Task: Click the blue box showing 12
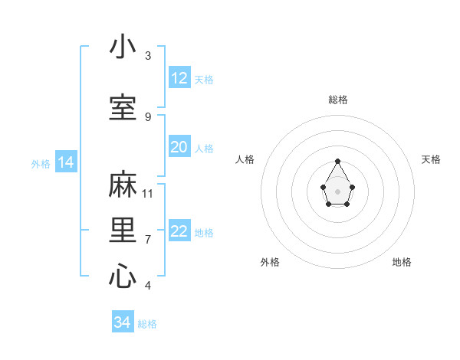click(x=179, y=78)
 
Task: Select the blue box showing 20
click(x=179, y=147)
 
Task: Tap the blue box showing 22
click(x=179, y=232)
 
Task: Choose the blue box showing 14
click(x=65, y=162)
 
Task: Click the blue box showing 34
click(x=123, y=322)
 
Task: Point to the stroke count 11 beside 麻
click(x=148, y=193)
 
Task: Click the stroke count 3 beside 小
click(x=148, y=56)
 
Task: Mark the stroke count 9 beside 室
click(x=148, y=116)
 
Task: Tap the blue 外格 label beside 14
click(x=41, y=163)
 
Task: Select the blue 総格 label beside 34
click(x=147, y=323)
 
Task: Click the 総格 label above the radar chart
click(x=337, y=100)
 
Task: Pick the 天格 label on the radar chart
click(x=431, y=159)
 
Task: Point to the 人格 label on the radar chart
click(x=245, y=159)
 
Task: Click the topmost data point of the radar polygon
click(x=337, y=161)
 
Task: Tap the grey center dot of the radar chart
click(x=337, y=191)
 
